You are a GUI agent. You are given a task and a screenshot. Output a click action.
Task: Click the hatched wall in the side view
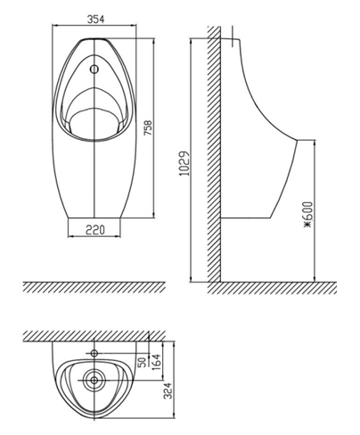point(215,152)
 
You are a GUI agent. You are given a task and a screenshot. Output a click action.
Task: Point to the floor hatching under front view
point(94,288)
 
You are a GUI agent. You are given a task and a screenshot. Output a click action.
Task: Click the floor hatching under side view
point(276,288)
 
